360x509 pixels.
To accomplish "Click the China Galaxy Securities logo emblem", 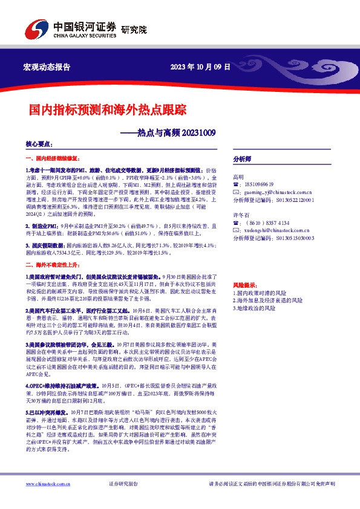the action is [x=34, y=30].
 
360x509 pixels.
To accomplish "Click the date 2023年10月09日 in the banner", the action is [x=200, y=67].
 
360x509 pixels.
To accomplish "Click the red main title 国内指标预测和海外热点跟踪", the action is [x=99, y=110].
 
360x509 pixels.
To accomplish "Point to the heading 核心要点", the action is [x=38, y=145].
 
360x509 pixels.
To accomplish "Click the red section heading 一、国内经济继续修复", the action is [x=55, y=157].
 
